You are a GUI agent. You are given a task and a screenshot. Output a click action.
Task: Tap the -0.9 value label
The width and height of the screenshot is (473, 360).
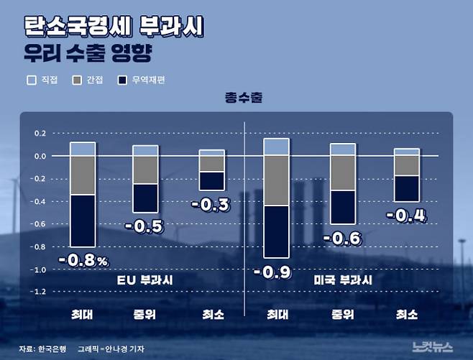point(276,272)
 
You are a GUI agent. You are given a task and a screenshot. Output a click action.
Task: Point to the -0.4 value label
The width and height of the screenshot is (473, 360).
point(405,214)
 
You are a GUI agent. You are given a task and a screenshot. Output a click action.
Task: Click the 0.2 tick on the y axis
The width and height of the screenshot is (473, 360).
point(40,134)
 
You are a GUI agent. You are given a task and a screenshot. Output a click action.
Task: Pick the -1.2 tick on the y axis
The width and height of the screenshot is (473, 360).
point(38,292)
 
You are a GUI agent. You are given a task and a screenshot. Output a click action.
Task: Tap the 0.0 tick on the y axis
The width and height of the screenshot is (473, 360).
point(40,156)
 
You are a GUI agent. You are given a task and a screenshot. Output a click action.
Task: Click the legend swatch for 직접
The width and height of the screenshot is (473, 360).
point(31,80)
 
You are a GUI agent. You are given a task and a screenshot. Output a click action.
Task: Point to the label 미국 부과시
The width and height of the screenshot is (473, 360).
point(343,279)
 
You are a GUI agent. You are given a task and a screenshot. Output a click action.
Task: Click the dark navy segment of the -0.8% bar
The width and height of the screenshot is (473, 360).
point(83,221)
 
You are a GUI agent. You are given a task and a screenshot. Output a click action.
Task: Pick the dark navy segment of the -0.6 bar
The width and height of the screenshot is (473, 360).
point(343,207)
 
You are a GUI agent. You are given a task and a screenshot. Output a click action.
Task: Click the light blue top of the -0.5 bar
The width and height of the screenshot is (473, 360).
point(146,150)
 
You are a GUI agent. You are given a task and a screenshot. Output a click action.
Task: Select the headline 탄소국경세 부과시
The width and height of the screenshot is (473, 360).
point(114,28)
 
